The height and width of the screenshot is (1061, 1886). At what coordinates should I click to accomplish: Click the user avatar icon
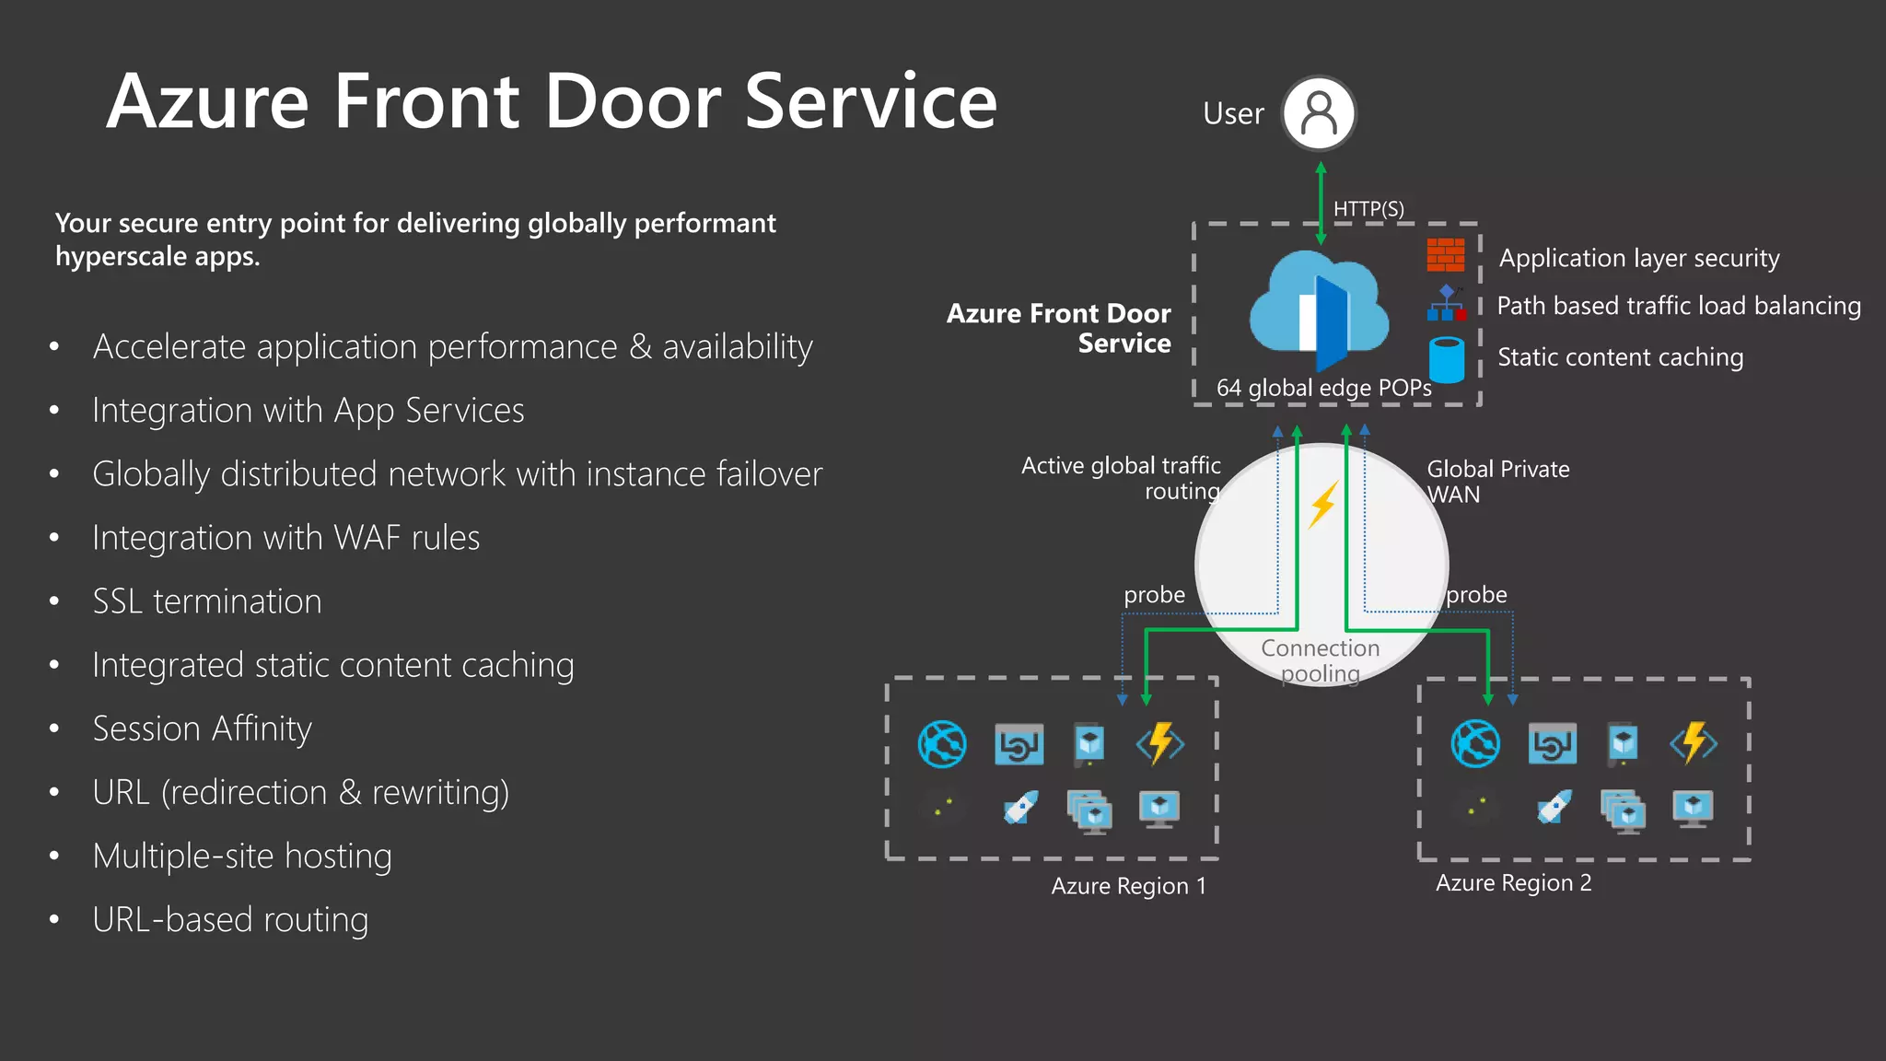point(1319,113)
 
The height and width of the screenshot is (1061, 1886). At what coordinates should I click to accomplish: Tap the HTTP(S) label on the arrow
point(1368,209)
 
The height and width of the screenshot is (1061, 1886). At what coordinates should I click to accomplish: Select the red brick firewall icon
point(1445,255)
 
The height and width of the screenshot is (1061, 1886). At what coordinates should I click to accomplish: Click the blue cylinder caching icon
point(1447,359)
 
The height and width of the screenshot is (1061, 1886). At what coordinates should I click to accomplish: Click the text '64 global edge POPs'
point(1323,388)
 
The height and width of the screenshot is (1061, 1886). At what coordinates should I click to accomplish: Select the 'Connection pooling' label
point(1321,660)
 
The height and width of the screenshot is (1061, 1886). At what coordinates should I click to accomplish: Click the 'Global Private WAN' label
point(1497,482)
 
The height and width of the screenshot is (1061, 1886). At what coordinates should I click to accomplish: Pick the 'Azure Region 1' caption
point(1128,886)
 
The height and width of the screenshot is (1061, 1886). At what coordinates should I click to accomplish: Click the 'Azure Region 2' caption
point(1513,883)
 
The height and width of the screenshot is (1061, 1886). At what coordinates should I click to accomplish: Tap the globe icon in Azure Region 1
point(942,744)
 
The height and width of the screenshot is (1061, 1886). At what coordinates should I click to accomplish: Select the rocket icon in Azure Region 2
point(1554,808)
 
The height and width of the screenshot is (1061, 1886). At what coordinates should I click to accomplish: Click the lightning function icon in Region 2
point(1694,743)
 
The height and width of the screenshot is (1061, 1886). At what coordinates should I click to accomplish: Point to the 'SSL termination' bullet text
point(207,601)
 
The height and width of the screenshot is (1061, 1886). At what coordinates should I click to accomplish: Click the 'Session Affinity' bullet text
point(202,729)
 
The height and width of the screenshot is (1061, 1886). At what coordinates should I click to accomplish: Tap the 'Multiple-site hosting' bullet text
point(242,856)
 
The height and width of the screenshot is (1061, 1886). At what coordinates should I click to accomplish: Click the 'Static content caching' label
point(1620,357)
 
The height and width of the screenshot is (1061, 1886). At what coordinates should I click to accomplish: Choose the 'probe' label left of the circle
point(1154,595)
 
